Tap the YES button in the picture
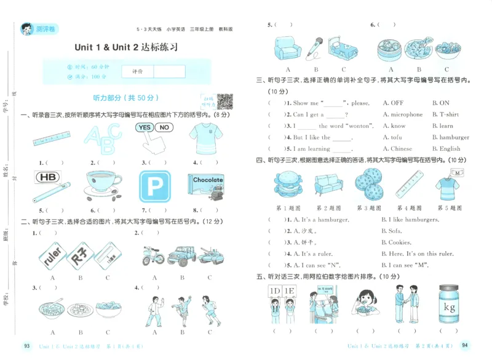145,127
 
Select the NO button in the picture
164,127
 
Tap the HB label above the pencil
46,177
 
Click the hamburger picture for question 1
287,183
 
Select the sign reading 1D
275,291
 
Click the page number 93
26,346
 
